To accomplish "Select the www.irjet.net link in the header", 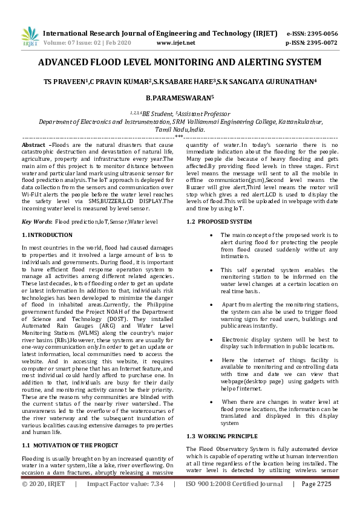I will pos(175,44).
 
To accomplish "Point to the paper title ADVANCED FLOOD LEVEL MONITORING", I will pos(179,63).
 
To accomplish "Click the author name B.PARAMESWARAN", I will pos(180,96).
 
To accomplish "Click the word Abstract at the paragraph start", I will pos(33,146).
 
